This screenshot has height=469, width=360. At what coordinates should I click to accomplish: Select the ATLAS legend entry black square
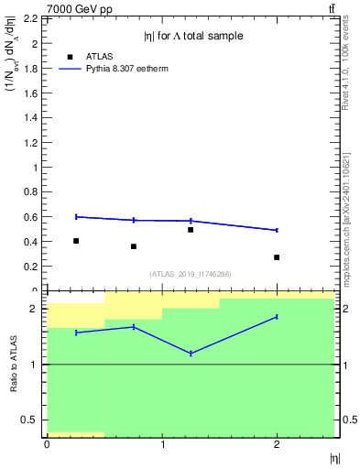(x=70, y=56)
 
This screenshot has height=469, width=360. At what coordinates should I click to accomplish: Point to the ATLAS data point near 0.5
(x=191, y=230)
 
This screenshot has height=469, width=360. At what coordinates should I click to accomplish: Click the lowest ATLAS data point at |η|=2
(x=277, y=257)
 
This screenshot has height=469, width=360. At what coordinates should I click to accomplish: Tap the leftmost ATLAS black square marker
(x=76, y=241)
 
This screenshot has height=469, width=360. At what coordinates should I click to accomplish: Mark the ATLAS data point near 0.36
(x=134, y=246)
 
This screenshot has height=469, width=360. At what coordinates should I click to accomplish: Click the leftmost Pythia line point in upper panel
(x=76, y=216)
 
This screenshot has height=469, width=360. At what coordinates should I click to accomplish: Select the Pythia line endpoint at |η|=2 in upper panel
(x=277, y=230)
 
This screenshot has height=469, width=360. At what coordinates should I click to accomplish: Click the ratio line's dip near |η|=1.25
(x=191, y=354)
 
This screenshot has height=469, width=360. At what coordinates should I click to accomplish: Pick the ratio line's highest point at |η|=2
(x=277, y=317)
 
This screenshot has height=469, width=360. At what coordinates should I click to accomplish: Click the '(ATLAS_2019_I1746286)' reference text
(x=190, y=274)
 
